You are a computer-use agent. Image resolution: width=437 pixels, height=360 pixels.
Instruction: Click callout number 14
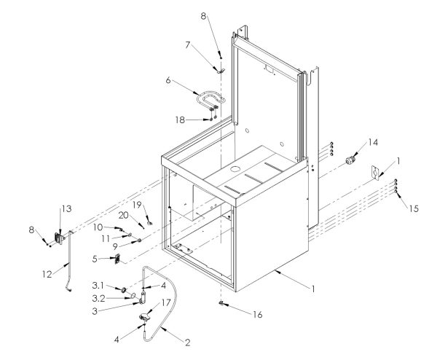pos(373,142)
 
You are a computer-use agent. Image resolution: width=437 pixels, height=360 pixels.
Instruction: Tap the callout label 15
pos(414,208)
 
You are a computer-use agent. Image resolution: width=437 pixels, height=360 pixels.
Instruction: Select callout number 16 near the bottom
pos(258,315)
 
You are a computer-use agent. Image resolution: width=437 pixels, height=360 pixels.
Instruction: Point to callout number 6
pos(168,80)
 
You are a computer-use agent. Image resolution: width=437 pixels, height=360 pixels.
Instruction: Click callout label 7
pos(188,45)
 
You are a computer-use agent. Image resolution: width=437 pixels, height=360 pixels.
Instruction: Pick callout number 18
pos(180,120)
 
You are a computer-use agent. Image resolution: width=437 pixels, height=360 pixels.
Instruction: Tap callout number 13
pos(66,208)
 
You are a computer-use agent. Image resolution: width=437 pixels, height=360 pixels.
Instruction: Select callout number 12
pos(47,275)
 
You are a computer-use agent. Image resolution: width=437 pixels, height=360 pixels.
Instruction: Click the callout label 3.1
pos(98,286)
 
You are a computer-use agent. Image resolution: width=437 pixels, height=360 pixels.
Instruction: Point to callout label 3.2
pos(98,298)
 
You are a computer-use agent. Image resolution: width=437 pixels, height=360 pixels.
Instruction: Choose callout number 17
pos(166,302)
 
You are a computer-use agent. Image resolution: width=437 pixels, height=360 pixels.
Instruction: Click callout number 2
pos(188,343)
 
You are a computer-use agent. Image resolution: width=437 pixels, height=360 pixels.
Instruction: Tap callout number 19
pos(137,205)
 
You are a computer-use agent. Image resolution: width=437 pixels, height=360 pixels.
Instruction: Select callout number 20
pos(124,215)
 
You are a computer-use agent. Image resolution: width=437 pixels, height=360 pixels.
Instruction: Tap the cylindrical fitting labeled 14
pos(350,160)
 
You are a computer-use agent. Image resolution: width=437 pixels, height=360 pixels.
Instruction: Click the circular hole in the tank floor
pos(236,169)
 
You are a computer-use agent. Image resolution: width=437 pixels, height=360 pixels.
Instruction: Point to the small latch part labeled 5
pos(117,259)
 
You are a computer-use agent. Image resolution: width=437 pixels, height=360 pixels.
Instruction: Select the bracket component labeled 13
pos(60,238)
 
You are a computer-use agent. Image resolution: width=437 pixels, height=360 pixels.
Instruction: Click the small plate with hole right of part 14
pos(376,173)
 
